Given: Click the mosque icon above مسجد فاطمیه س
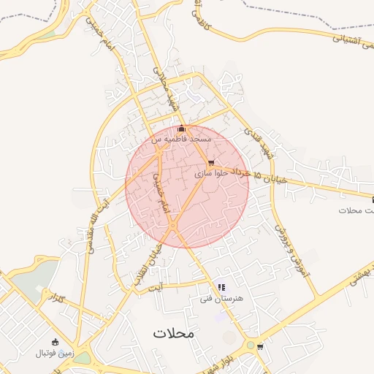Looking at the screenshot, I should [x=182, y=129].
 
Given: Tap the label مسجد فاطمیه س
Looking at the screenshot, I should [x=181, y=138].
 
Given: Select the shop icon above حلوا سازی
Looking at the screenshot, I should [x=212, y=163].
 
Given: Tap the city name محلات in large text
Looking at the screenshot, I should [x=175, y=333].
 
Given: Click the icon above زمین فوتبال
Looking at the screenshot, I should [x=56, y=341].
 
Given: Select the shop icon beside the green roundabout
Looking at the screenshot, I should [x=261, y=347].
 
